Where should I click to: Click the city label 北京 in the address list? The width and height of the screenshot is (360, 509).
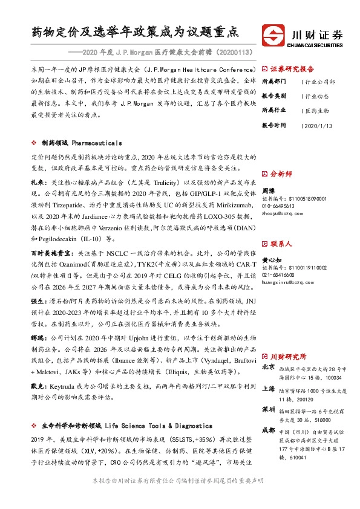coord(268,366)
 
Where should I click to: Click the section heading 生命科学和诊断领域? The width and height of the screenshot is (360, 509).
coord(71,426)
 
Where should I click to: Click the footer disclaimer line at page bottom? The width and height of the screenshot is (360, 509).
coord(179,497)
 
